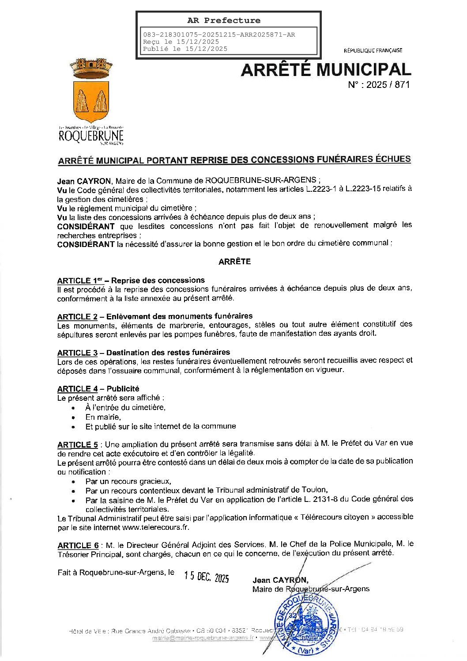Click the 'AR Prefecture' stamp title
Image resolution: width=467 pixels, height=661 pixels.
(x=224, y=20)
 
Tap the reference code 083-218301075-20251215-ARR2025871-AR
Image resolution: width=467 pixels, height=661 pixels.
(x=219, y=34)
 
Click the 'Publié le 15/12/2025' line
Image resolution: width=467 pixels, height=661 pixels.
(x=185, y=49)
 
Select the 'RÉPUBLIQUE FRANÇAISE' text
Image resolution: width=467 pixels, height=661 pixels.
(x=373, y=50)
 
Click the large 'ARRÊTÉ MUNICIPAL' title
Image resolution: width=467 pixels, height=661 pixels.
(x=326, y=69)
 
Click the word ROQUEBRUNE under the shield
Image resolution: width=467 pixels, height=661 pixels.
(x=91, y=136)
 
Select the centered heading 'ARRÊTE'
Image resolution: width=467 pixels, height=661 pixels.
(x=234, y=262)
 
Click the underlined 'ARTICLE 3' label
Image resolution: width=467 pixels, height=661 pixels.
(x=77, y=353)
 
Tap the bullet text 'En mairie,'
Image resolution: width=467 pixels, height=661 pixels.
(x=103, y=417)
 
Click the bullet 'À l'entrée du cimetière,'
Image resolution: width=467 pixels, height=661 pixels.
(x=125, y=407)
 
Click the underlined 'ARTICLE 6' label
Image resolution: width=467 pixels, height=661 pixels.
(x=78, y=545)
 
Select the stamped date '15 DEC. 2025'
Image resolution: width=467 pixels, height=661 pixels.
(x=207, y=577)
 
